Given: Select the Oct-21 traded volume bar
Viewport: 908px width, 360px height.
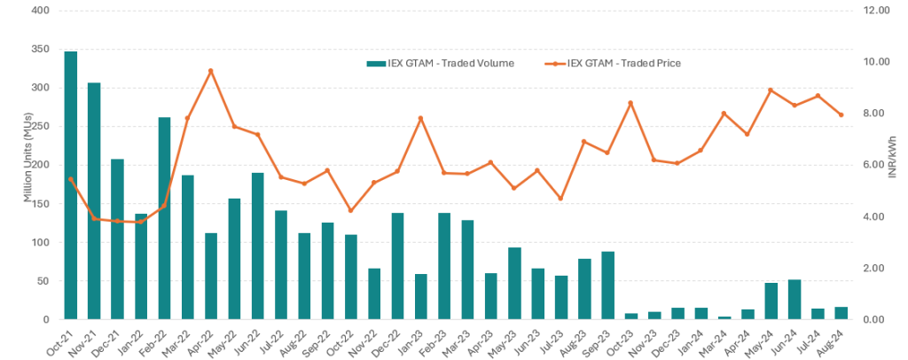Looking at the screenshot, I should tap(71, 185).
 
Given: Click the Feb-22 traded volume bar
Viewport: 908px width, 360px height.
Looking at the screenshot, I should tap(164, 218).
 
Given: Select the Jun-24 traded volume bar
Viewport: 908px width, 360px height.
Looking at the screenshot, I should tap(794, 300).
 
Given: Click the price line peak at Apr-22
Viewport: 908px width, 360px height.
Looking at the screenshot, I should tap(211, 71).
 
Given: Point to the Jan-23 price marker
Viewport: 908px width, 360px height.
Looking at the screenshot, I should tap(421, 118).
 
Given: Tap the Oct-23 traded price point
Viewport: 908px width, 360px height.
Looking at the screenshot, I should tap(630, 103).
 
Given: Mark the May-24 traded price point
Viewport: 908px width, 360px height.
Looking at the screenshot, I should tap(771, 90).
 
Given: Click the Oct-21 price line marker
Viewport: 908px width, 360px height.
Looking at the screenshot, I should tap(71, 179).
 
